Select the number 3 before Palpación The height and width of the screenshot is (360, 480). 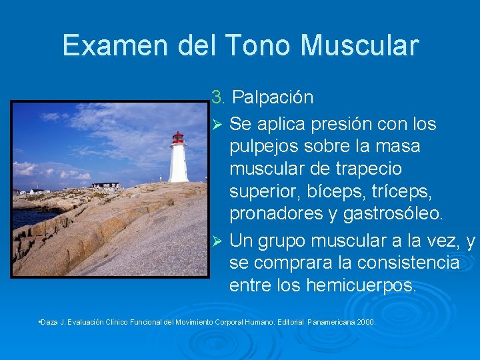pos(217,97)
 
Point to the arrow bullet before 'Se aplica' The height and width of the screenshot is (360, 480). pos(215,124)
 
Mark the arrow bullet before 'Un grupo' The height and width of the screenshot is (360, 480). pos(215,240)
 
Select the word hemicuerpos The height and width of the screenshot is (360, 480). pos(361,285)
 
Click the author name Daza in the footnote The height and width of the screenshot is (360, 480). pos(49,322)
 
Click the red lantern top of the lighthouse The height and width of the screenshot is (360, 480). pos(178,138)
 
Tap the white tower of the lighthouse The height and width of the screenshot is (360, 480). pos(178,164)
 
